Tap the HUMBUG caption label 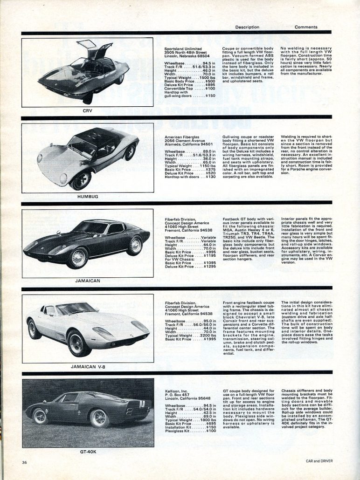[87, 197]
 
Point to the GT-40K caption [88, 452]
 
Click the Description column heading [247, 27]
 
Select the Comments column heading [306, 27]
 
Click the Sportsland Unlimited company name [183, 48]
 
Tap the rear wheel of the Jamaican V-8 [34, 329]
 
